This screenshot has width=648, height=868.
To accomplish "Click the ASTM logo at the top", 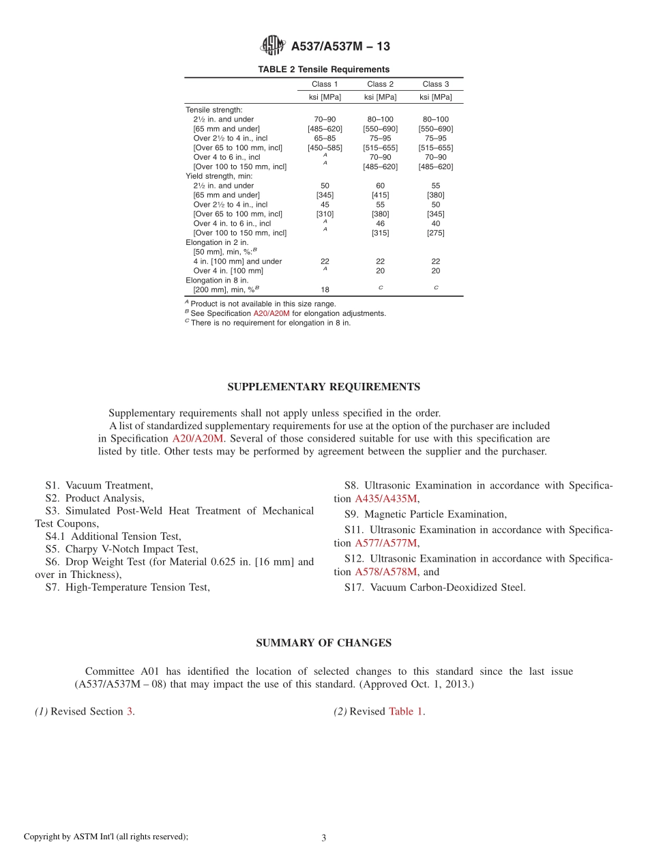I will [273, 46].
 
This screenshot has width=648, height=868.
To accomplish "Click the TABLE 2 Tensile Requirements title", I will [323, 70].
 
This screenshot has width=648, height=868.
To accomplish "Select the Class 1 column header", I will [325, 84].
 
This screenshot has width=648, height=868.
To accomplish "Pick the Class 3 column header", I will [436, 84].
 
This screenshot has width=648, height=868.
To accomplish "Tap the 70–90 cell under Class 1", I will [325, 119].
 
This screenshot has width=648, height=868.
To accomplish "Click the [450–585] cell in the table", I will [325, 147].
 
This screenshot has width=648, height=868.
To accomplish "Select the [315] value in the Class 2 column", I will [381, 233].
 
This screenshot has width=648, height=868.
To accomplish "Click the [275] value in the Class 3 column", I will [436, 233].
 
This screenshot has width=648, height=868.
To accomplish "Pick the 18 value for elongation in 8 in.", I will [325, 289].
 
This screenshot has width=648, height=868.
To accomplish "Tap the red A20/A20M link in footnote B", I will [271, 313].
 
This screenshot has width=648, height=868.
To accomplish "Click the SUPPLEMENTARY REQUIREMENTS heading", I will [323, 387].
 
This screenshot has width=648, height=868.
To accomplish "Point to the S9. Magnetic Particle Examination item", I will [425, 515].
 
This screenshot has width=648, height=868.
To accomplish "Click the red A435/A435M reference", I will [385, 499].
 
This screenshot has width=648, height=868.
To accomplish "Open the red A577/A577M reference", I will [385, 543].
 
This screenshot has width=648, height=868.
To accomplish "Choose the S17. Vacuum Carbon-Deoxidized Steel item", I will [435, 587].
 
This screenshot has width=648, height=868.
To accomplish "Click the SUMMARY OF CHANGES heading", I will [323, 643].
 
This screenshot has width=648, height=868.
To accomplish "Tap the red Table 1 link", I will [406, 711].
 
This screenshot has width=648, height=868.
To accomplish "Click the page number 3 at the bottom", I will [324, 838].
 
